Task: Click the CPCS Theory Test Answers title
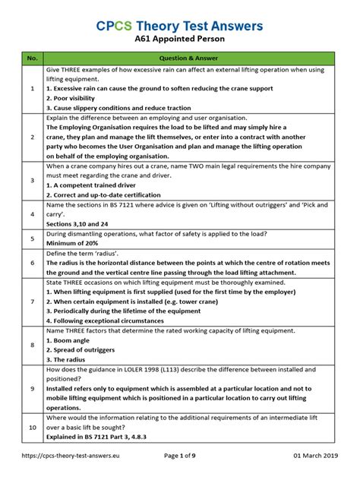[x=179, y=26]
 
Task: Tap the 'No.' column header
[x=32, y=58]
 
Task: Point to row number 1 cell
[x=32, y=89]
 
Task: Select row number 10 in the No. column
[x=32, y=428]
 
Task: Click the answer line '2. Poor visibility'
[x=76, y=99]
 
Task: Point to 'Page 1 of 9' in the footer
[x=186, y=465]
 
